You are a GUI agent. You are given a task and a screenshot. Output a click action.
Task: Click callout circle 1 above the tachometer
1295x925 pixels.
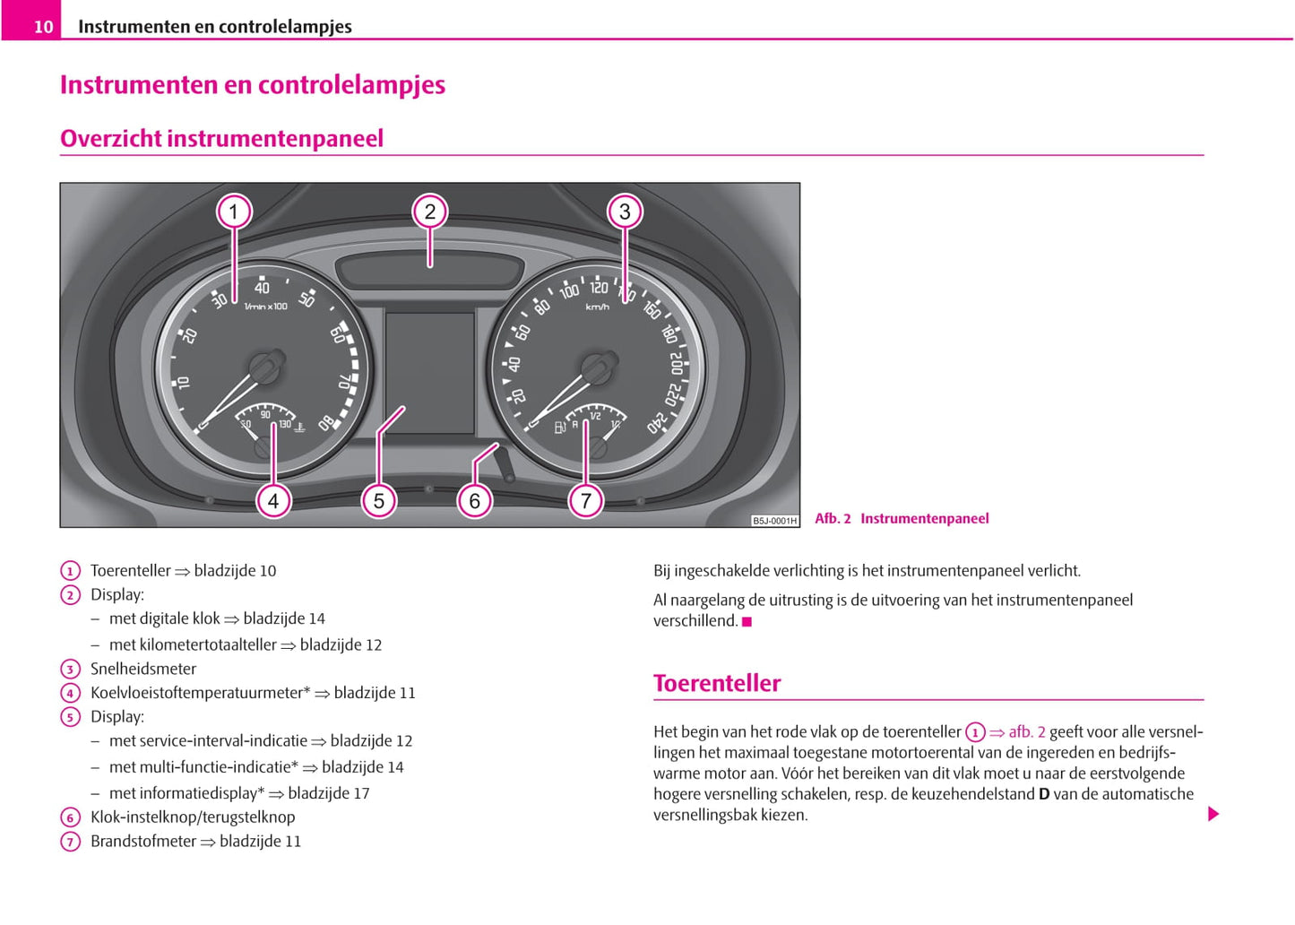pyautogui.click(x=234, y=212)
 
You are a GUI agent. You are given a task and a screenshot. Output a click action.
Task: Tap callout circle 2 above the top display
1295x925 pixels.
pyautogui.click(x=430, y=212)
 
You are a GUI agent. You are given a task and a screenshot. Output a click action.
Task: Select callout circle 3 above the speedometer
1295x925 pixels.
pyautogui.click(x=625, y=212)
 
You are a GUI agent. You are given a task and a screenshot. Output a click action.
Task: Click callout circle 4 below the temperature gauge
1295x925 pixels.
pyautogui.click(x=273, y=500)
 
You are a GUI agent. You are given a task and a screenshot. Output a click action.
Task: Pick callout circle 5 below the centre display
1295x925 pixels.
pyautogui.click(x=379, y=500)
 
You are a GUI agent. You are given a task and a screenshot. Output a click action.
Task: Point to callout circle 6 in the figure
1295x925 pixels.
pyautogui.click(x=475, y=500)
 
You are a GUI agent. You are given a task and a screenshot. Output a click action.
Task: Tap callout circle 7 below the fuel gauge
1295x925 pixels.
pyautogui.click(x=586, y=500)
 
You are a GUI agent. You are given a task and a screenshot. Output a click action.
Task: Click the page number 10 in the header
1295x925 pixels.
pyautogui.click(x=43, y=27)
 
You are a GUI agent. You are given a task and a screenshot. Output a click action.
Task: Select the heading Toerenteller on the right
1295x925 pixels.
pyautogui.click(x=717, y=683)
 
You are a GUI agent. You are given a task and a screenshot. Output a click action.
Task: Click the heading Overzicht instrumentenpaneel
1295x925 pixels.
pyautogui.click(x=221, y=138)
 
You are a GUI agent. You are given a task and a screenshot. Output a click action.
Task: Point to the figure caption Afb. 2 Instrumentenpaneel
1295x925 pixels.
pyautogui.click(x=902, y=518)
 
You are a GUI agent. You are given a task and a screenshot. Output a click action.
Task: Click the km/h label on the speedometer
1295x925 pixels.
pyautogui.click(x=597, y=307)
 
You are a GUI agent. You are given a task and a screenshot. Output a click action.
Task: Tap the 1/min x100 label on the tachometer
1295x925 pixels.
pyautogui.click(x=266, y=307)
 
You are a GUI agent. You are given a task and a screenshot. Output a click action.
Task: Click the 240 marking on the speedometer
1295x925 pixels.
pyautogui.click(x=659, y=422)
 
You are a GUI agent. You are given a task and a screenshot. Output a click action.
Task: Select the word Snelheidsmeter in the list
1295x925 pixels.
pyautogui.click(x=143, y=669)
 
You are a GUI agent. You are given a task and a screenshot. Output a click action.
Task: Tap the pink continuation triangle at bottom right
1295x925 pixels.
pyautogui.click(x=1213, y=814)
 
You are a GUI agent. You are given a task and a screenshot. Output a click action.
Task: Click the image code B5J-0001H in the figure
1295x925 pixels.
pyautogui.click(x=774, y=521)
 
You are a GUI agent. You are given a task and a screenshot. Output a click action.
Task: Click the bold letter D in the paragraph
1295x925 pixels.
pyautogui.click(x=1043, y=794)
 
